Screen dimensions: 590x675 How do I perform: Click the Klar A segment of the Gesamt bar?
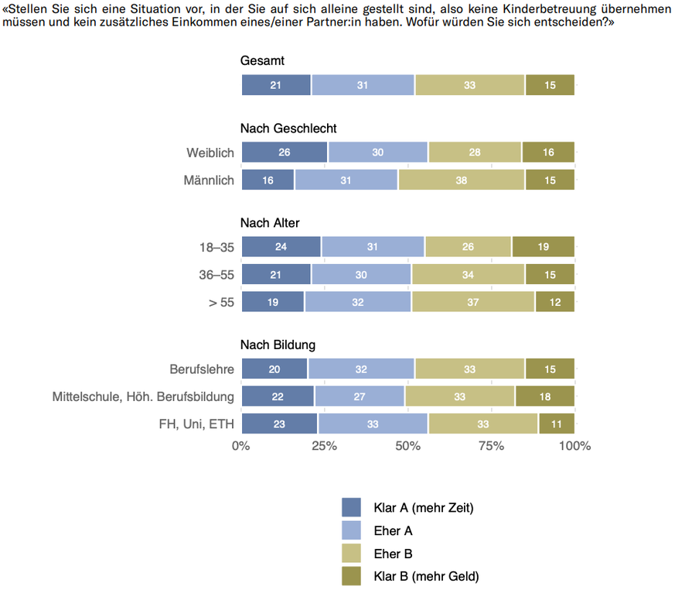coord(276,85)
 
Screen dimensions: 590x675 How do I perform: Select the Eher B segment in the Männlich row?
coord(462,180)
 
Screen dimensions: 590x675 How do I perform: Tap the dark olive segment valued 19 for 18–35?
coord(543,247)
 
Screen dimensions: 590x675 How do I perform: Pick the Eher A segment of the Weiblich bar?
coord(378,153)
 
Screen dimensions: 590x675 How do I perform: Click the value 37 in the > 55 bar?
coord(473,301)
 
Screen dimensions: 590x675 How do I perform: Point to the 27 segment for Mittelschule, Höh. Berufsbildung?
coord(360,396)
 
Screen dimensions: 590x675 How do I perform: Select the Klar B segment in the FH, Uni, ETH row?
coord(556,424)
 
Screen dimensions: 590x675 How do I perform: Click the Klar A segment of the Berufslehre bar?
coord(274,369)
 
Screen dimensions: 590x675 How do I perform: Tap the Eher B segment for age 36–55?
coord(469,274)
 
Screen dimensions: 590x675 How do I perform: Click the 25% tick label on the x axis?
coord(324,446)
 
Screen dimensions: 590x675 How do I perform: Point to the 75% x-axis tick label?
coord(491,446)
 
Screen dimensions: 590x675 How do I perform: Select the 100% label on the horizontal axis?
coord(574,446)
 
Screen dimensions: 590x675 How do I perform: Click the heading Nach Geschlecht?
coord(288,129)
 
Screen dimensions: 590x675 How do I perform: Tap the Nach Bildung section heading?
coord(278,345)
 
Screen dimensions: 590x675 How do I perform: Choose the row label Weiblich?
coord(210,153)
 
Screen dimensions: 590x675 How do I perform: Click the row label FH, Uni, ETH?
coord(199,424)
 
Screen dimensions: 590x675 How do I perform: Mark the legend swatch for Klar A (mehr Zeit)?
coord(351,508)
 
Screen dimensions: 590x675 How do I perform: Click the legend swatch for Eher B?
coord(351,553)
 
